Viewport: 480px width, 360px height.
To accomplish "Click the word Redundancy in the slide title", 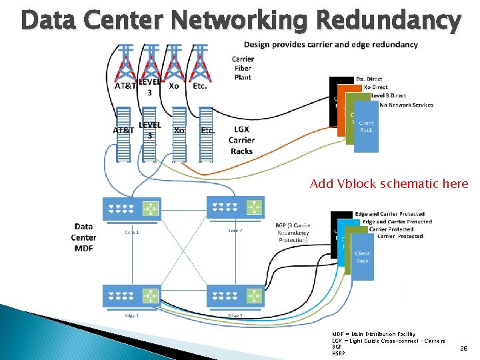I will (x=388, y=21).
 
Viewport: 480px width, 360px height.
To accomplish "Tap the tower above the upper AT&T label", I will (x=125, y=63).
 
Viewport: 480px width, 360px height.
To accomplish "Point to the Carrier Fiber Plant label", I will (x=243, y=68).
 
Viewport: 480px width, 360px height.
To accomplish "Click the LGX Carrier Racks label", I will (x=241, y=140).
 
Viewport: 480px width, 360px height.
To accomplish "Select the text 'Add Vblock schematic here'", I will (x=389, y=184).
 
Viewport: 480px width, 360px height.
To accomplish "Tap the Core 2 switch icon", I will (x=235, y=208).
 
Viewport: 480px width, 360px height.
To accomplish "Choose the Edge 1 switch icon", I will (x=131, y=295).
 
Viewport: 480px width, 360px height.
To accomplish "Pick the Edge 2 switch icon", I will (x=235, y=295).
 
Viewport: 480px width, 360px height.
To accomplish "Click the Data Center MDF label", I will (x=83, y=237).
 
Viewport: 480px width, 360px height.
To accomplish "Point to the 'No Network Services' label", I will (x=406, y=105).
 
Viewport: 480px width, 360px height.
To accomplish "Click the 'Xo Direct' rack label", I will (x=375, y=87).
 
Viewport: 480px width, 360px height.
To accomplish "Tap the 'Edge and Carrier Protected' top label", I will (x=389, y=214).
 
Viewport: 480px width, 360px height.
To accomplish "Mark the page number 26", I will (x=463, y=348).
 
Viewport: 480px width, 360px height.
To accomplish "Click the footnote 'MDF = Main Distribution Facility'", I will (x=373, y=334).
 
